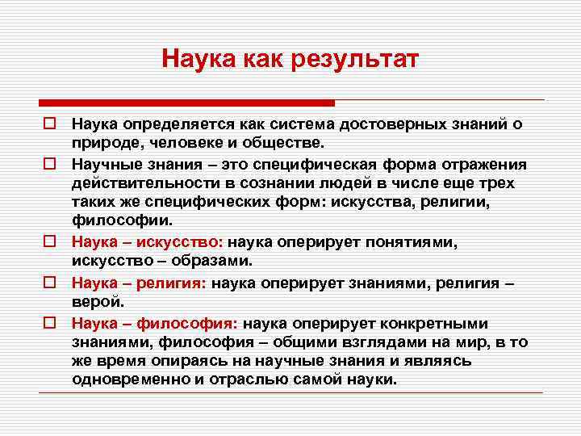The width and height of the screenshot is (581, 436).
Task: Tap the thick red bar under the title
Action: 186,103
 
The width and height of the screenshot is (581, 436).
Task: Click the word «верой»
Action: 97,300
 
